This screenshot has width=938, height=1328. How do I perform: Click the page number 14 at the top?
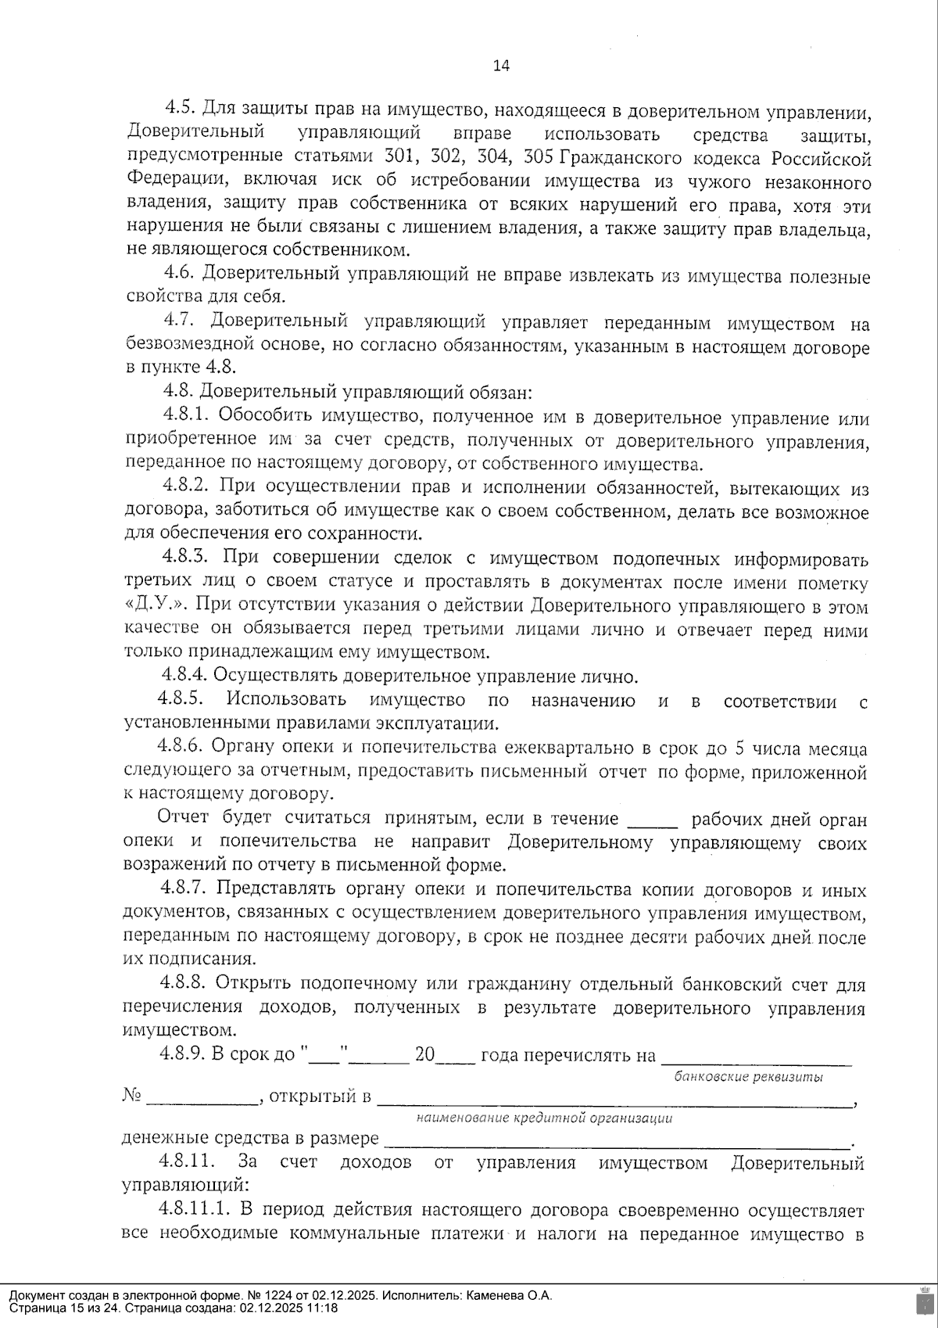click(x=500, y=66)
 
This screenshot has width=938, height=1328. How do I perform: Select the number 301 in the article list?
click(x=398, y=156)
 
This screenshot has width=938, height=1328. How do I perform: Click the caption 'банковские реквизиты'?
click(x=749, y=1077)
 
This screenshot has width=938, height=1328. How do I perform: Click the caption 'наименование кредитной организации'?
click(x=545, y=1118)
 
